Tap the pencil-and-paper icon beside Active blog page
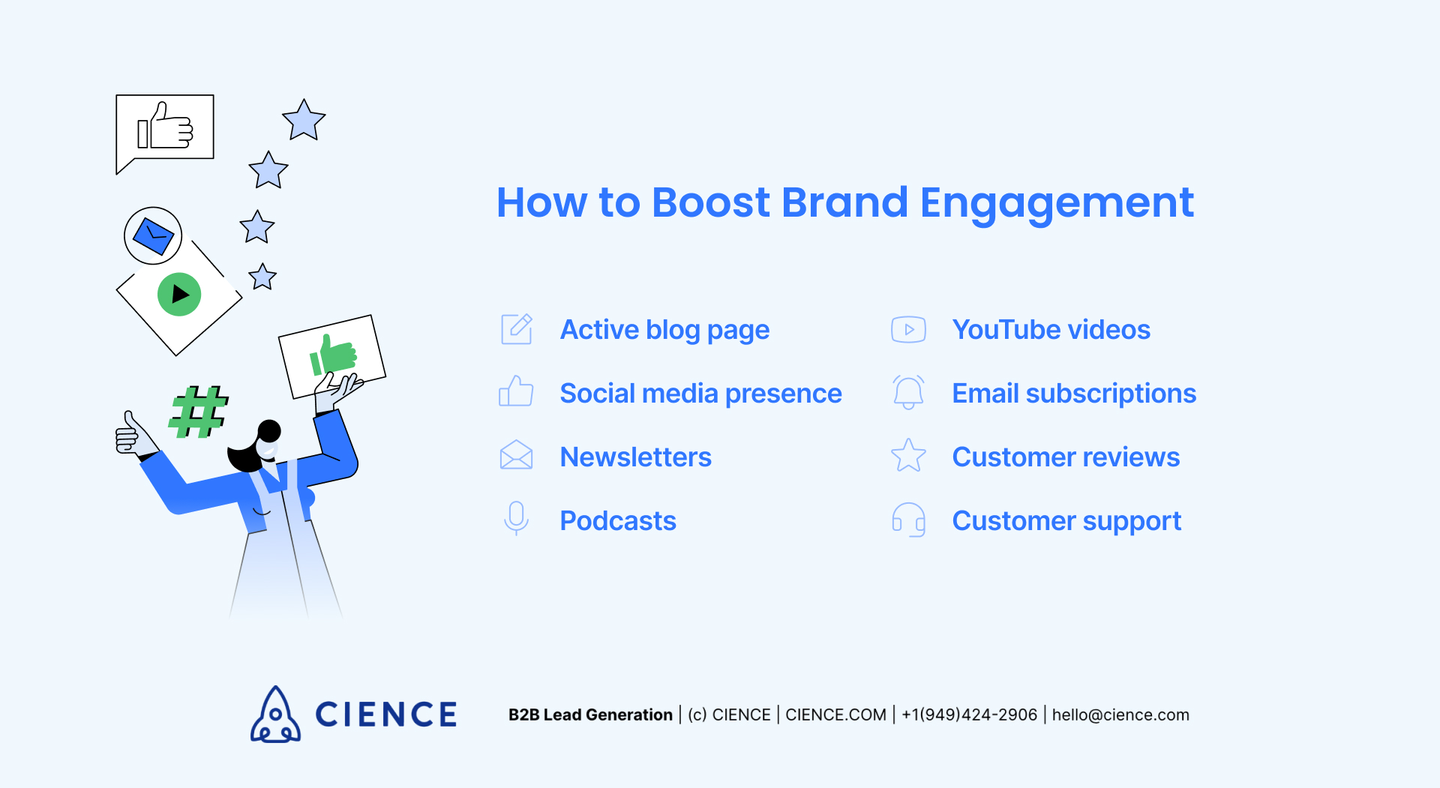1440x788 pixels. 517,329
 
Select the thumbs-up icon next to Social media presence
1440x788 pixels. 516,392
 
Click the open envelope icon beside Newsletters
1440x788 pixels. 516,456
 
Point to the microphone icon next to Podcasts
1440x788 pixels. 516,518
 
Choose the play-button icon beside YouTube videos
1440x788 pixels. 908,329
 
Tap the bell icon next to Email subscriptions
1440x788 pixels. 908,392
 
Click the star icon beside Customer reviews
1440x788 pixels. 908,456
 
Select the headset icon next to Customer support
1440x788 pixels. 908,520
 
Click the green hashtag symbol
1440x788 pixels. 198,412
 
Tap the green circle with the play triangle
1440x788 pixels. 179,294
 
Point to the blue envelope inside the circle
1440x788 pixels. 153,236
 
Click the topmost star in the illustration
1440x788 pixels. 304,121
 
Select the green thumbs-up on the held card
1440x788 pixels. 333,355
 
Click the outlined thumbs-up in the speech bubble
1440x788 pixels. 166,127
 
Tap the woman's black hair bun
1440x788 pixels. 269,430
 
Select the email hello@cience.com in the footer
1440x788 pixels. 1120,715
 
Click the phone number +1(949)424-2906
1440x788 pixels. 969,715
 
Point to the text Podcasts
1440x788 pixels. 618,520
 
